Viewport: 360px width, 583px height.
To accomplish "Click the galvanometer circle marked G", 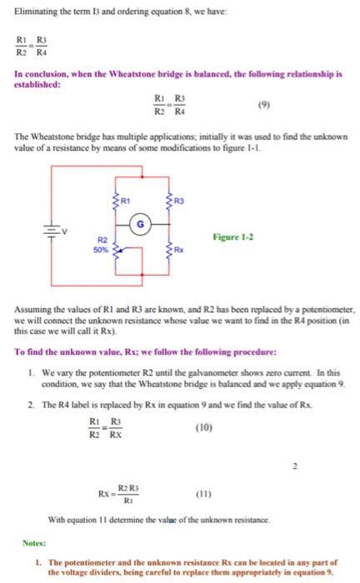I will pos(142,223).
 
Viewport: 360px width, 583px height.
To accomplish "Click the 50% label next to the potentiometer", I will pos(99,248).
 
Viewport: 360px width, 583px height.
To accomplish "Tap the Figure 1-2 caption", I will pos(233,237).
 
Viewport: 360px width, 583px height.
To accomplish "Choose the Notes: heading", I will pos(34,542).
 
